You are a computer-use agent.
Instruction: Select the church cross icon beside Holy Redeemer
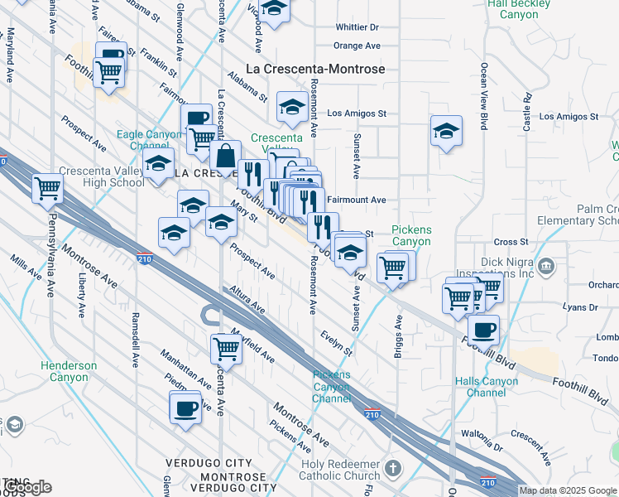pyautogui.click(x=392, y=468)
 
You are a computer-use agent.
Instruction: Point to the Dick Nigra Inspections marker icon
pyautogui.click(x=546, y=266)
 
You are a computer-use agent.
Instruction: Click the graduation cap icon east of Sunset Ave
pyautogui.click(x=446, y=131)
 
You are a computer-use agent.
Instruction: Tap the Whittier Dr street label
pyautogui.click(x=357, y=27)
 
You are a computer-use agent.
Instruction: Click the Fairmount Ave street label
pyautogui.click(x=357, y=200)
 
